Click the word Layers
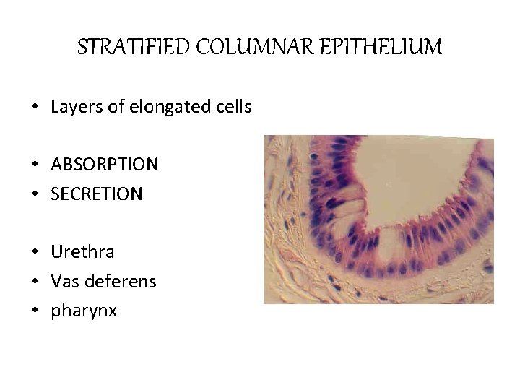pos(71,108)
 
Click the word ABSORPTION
pos(105,165)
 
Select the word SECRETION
pos(97,194)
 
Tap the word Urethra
pos(82,252)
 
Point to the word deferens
pos(121,281)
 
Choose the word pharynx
pos(82,311)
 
